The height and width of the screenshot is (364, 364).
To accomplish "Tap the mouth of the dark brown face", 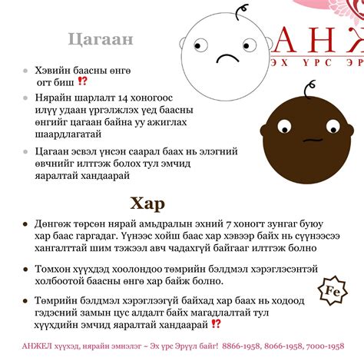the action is click(311, 141).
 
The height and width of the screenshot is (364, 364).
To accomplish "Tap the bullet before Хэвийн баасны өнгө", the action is click(27, 69).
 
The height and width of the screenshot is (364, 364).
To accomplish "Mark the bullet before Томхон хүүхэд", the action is click(27, 270).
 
